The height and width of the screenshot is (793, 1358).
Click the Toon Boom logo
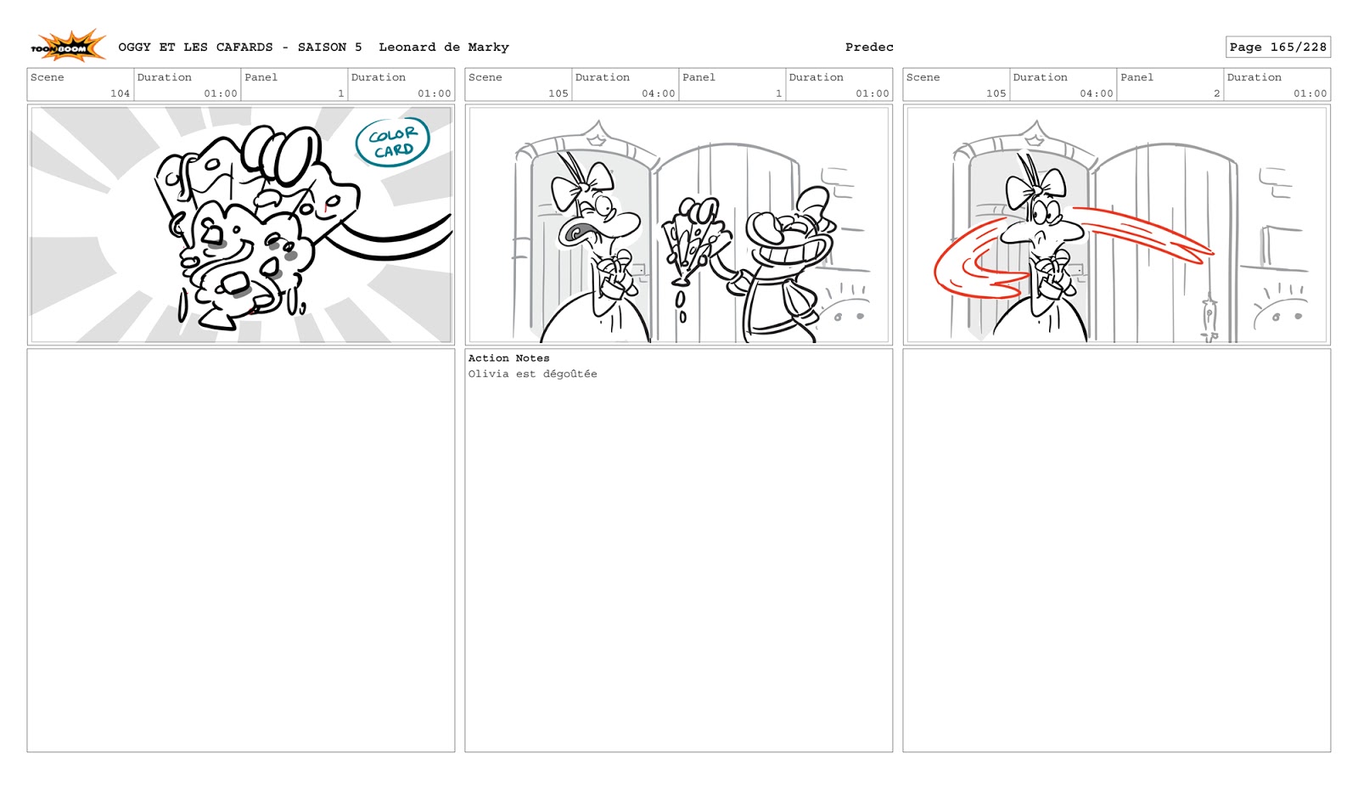tap(69, 46)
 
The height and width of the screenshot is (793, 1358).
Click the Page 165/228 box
tap(1278, 48)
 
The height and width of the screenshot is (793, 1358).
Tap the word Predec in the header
tap(869, 48)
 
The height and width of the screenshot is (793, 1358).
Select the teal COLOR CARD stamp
tap(392, 142)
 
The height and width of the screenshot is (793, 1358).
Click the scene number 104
tap(120, 93)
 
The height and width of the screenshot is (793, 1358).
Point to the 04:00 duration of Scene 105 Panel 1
tap(659, 93)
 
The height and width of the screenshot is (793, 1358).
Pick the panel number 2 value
tap(1216, 93)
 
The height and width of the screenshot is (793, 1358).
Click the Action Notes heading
tap(508, 358)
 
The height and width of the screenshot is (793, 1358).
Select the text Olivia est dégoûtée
tap(532, 374)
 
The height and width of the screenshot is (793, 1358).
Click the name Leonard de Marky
tap(444, 48)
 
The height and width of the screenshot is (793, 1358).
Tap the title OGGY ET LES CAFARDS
tap(195, 48)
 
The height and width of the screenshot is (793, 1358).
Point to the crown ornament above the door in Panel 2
tap(1035, 135)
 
